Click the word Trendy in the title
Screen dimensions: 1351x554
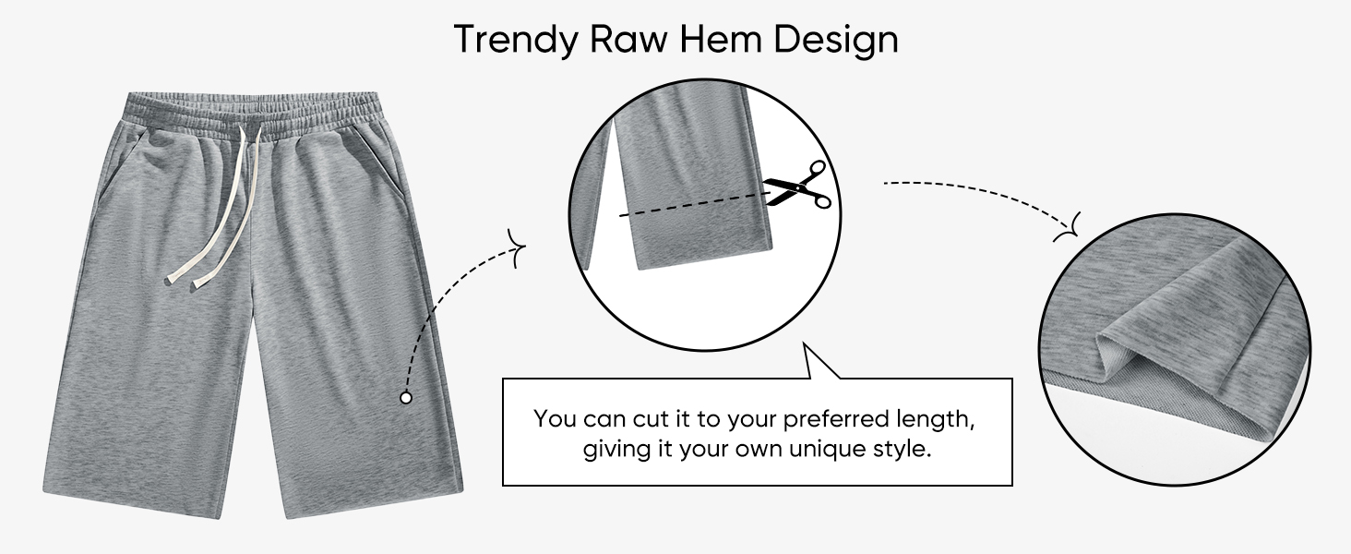(x=516, y=41)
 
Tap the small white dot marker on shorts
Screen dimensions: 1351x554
(x=406, y=398)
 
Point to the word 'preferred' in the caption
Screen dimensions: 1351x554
(x=837, y=420)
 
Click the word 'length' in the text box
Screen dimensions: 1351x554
(x=935, y=419)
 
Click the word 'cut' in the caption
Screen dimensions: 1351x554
(x=652, y=419)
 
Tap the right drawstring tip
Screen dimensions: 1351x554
(x=201, y=286)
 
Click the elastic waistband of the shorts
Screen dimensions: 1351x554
(x=253, y=114)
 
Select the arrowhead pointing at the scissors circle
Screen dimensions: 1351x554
(x=518, y=248)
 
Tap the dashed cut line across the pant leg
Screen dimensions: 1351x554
(x=695, y=204)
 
